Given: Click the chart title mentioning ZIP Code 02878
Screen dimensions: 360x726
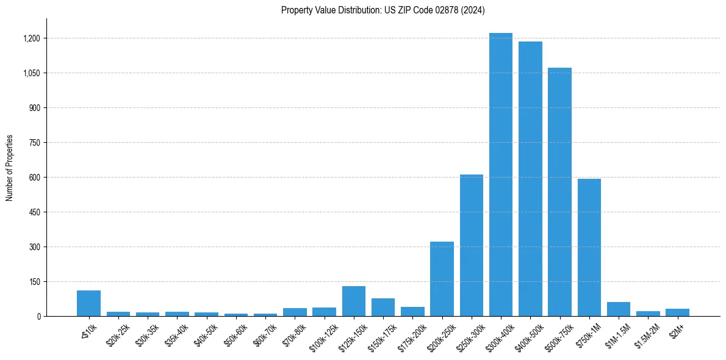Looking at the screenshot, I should tap(383, 10).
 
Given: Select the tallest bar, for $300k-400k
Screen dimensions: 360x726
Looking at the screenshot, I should tap(501, 175).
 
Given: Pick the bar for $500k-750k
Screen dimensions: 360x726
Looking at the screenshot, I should tap(559, 192).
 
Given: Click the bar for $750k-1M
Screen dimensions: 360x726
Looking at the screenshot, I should tap(589, 247).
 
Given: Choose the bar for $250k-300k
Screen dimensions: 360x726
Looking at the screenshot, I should tap(472, 245).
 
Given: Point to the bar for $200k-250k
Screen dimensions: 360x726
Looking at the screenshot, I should tap(442, 279).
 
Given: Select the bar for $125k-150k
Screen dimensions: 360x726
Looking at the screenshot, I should tap(354, 301).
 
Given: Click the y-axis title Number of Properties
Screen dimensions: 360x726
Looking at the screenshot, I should tap(10, 167).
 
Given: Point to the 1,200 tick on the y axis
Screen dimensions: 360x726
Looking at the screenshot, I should tap(31, 38).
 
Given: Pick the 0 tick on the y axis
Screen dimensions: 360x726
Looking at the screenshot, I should tap(38, 316).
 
